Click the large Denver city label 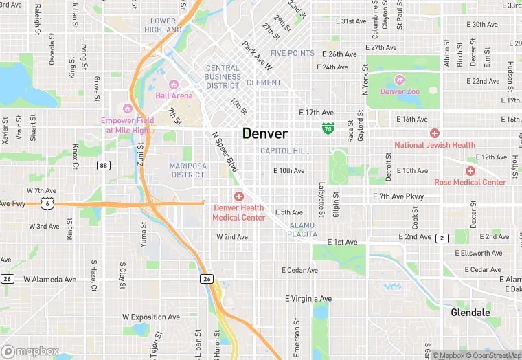[x=264, y=133]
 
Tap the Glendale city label [x=470, y=313]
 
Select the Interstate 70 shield [x=329, y=128]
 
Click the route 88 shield [x=103, y=165]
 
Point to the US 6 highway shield [x=45, y=203]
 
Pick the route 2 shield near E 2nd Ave [x=442, y=238]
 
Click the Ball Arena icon [x=174, y=85]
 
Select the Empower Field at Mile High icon [x=126, y=109]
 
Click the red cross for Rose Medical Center [x=470, y=171]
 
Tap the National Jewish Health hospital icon [x=434, y=133]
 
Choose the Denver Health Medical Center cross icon [x=239, y=196]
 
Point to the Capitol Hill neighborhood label [x=285, y=150]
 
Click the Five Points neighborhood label [x=293, y=53]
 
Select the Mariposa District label [x=187, y=170]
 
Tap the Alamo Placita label [x=302, y=229]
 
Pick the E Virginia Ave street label [x=308, y=299]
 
